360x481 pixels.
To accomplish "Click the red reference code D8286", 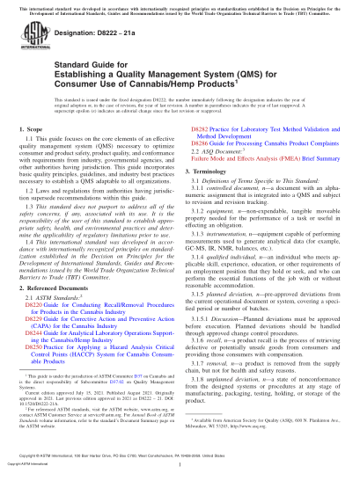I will [x=200, y=142].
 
